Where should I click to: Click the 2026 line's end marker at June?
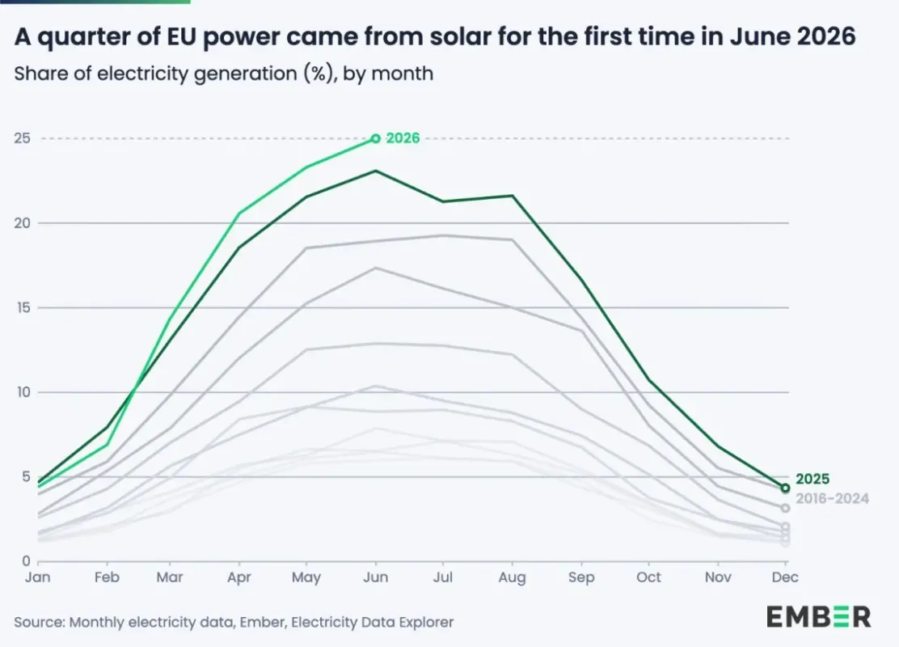[376, 138]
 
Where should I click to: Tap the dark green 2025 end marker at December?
[785, 488]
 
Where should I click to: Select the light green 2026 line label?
[403, 138]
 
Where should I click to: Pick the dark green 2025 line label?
[812, 479]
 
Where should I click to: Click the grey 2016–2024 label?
[832, 498]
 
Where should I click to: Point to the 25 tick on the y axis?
[23, 138]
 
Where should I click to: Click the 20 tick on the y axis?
[23, 223]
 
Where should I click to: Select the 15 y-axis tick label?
[23, 308]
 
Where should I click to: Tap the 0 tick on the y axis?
[27, 561]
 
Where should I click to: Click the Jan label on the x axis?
[38, 577]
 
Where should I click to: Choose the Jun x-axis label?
[376, 577]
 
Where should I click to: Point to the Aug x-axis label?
[512, 577]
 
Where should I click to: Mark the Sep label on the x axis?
[581, 577]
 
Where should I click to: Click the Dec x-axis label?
[785, 577]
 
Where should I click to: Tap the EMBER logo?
[819, 617]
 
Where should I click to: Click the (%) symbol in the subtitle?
[316, 74]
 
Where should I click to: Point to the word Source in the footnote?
[39, 623]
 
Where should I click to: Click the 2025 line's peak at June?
[376, 171]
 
